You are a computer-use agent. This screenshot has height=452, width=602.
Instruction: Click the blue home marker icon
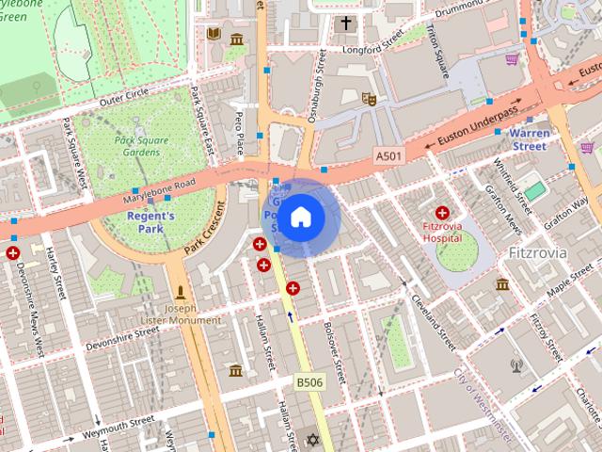(x=300, y=218)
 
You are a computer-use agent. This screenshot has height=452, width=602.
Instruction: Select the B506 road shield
(x=309, y=381)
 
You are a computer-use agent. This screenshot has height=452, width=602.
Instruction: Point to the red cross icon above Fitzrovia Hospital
(x=442, y=214)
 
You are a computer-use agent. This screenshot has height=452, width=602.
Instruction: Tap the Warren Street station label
(x=530, y=139)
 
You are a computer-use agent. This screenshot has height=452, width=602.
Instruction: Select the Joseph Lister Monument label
(x=181, y=315)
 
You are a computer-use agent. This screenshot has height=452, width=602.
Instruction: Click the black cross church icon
(x=346, y=23)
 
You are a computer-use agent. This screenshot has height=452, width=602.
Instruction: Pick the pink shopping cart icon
(x=512, y=59)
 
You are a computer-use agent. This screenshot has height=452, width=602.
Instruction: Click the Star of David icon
(x=313, y=439)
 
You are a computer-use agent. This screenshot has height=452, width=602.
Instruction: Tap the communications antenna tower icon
(x=516, y=365)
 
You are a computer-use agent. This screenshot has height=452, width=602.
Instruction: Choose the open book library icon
(x=214, y=34)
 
